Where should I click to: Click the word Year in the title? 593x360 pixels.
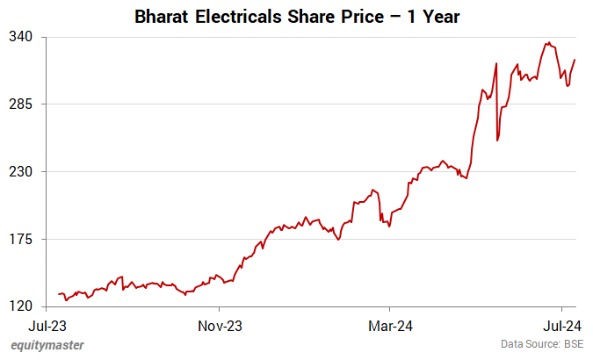pos(440,17)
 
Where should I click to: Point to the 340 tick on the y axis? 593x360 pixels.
pos(22,37)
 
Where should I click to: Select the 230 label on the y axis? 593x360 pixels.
pos(22,172)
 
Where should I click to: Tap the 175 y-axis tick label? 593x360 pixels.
pos(22,239)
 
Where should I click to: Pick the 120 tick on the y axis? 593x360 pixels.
pos(22,306)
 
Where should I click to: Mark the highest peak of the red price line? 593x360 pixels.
pos(547,42)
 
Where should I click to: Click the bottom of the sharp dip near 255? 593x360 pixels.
pos(497,140)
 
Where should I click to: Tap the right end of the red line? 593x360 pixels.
pos(575,60)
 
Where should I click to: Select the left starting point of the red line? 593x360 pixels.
pos(59,294)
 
